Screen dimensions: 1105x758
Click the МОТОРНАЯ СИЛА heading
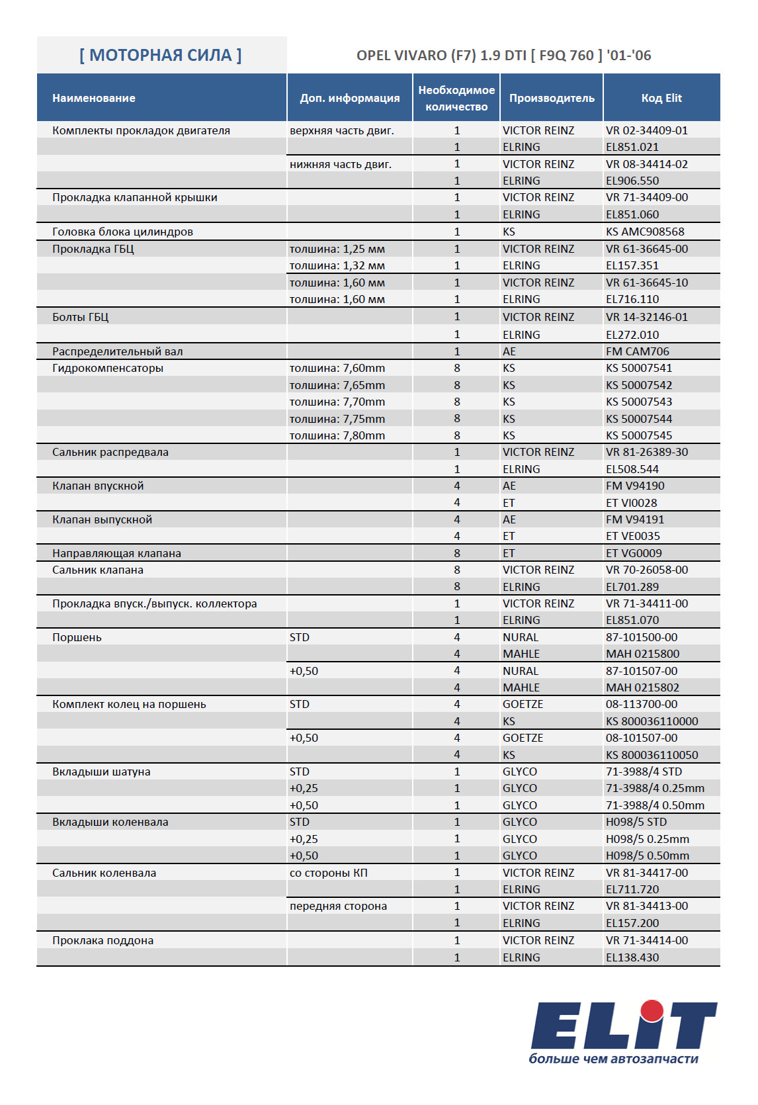point(161,55)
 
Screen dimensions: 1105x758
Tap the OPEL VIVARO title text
point(503,56)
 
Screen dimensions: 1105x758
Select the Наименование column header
point(94,98)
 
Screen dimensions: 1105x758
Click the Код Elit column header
point(661,98)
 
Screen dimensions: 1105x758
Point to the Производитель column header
point(552,98)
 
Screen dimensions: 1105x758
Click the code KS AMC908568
point(645,232)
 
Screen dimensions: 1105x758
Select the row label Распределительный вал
point(118,351)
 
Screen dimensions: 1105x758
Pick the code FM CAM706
point(638,351)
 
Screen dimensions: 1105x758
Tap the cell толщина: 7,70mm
point(337,402)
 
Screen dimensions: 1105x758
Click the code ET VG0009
point(634,553)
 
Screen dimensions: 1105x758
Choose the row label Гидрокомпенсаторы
point(108,368)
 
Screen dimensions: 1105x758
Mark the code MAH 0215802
point(642,687)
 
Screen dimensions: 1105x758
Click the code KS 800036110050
point(652,755)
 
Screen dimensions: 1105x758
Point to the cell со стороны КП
point(329,873)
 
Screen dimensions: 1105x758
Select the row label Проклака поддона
point(103,940)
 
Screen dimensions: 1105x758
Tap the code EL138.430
point(632,957)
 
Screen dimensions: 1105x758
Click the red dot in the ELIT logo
point(652,1010)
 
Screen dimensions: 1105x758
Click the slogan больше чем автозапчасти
point(613,1059)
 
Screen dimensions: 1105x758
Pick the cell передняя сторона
point(338,906)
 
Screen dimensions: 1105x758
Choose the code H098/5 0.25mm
point(648,839)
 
